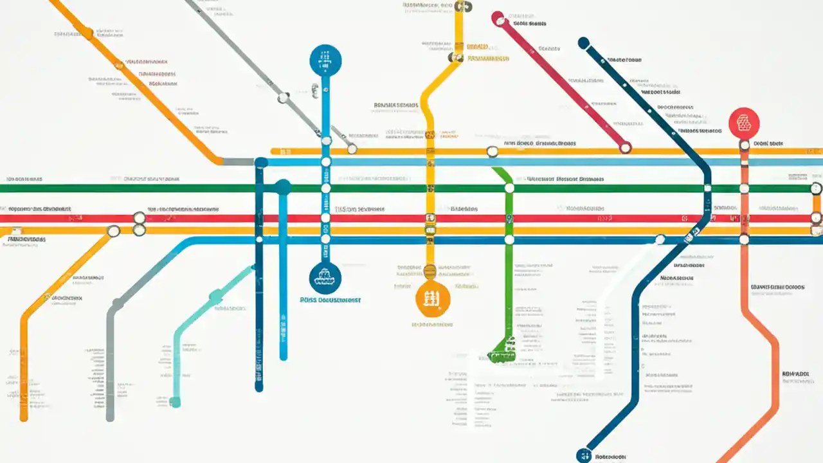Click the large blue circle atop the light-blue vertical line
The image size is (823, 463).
(325, 60)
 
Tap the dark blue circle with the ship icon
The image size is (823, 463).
(325, 278)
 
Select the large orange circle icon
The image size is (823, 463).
(433, 299)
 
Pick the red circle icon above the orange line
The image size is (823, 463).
(744, 123)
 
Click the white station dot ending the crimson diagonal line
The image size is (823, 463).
(625, 147)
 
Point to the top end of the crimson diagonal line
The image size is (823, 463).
(497, 19)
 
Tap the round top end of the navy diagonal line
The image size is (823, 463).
(584, 43)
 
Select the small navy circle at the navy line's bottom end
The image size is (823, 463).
(584, 455)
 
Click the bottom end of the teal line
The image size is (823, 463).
(175, 403)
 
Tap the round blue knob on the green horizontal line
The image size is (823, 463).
(283, 187)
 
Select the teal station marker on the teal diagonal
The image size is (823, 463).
(216, 295)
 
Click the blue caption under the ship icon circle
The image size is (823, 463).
(330, 300)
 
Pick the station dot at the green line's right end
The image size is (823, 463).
(816, 188)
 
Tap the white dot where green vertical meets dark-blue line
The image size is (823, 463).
(509, 240)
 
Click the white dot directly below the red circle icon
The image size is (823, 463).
(745, 145)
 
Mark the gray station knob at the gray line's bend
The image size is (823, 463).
(118, 303)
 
